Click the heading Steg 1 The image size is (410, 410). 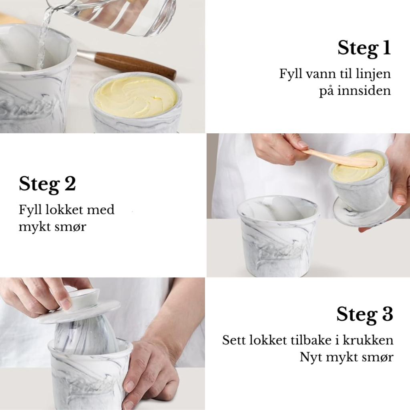click(x=364, y=48)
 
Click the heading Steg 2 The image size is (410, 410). click(x=47, y=184)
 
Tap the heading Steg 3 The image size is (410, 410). click(x=365, y=314)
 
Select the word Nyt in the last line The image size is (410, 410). click(x=311, y=357)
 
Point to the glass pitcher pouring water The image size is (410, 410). click(x=120, y=16)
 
